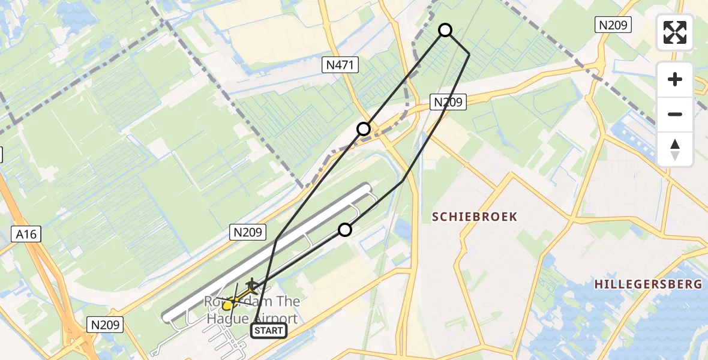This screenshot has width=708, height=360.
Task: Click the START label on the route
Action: click(x=268, y=331)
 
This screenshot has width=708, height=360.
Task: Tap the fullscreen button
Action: click(x=675, y=32)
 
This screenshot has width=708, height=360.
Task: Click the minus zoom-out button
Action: click(x=675, y=114)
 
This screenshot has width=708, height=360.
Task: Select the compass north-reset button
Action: click(x=675, y=149)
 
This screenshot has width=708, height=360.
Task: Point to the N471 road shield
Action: click(x=340, y=65)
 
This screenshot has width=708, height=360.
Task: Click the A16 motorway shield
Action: click(x=26, y=234)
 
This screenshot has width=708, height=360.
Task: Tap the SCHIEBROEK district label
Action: click(x=475, y=217)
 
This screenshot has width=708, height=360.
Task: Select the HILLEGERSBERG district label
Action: click(x=648, y=284)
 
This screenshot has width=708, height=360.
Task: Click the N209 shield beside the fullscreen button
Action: click(x=613, y=25)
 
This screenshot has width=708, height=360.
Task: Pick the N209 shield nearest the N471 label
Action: click(x=448, y=103)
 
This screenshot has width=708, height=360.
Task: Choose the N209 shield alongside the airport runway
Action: click(x=248, y=232)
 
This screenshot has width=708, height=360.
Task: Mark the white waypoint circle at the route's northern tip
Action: click(x=445, y=30)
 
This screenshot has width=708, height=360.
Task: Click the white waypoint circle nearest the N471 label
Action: click(x=364, y=129)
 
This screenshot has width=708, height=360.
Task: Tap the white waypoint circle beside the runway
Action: click(x=345, y=230)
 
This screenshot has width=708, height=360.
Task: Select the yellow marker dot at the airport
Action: click(x=227, y=305)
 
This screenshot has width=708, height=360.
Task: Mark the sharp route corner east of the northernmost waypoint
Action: click(x=469, y=54)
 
